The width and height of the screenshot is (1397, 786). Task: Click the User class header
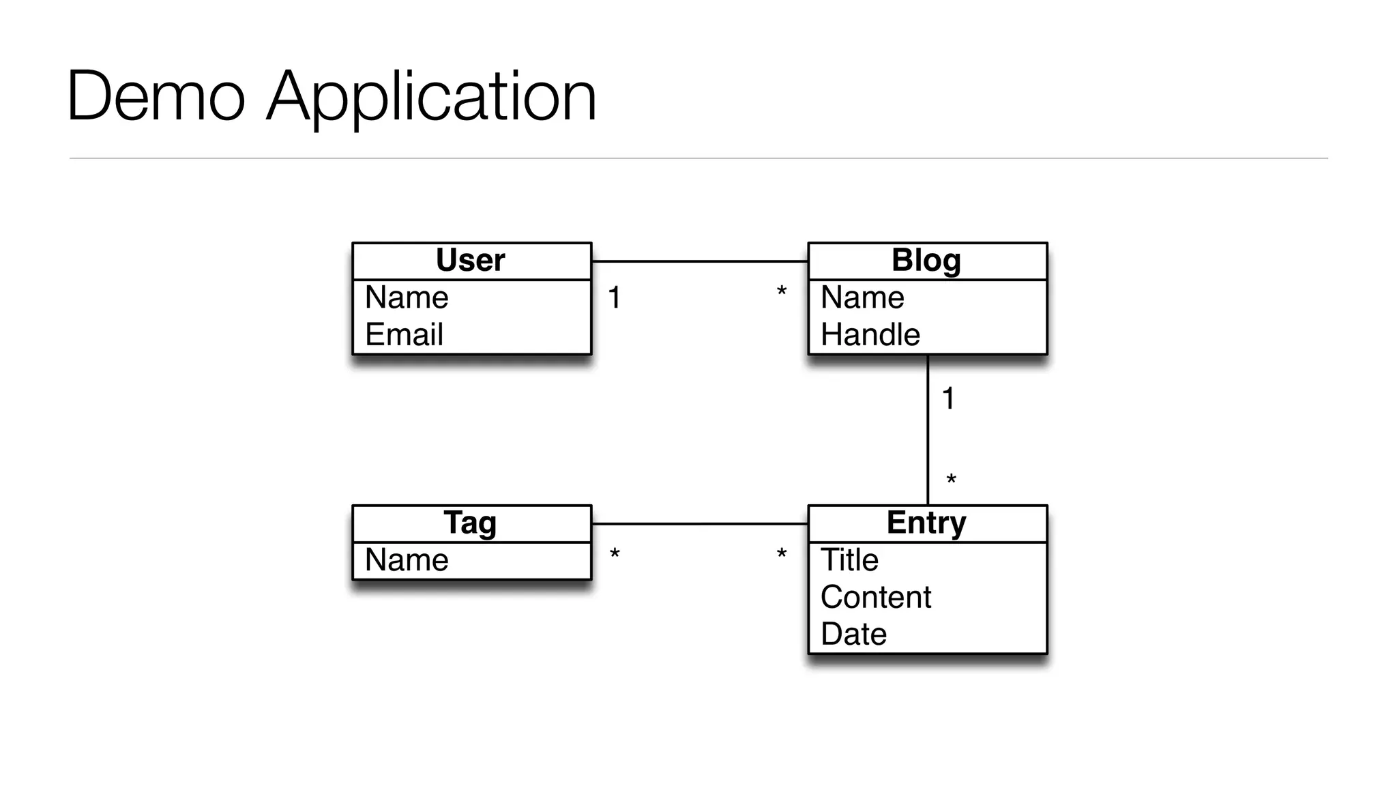(x=471, y=261)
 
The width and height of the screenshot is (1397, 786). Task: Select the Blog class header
(x=926, y=261)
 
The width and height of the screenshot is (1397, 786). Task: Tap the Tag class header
(x=471, y=523)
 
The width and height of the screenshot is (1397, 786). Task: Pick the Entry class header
(x=926, y=523)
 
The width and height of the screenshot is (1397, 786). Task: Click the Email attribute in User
(x=405, y=335)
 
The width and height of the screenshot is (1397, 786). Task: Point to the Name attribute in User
(x=407, y=297)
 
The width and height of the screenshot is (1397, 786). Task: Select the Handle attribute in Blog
(x=870, y=335)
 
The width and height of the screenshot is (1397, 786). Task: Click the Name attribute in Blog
(x=862, y=297)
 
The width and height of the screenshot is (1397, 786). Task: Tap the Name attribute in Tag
(x=407, y=560)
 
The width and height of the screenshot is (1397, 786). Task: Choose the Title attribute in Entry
(x=849, y=560)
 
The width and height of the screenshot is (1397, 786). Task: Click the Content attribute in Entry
(x=876, y=598)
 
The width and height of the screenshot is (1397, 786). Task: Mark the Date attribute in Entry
(x=853, y=635)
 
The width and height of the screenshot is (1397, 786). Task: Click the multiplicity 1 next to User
(x=615, y=298)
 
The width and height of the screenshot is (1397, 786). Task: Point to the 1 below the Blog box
(x=948, y=398)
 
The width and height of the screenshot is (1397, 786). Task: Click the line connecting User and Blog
(x=699, y=261)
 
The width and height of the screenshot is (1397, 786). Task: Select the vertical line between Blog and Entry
(x=928, y=437)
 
